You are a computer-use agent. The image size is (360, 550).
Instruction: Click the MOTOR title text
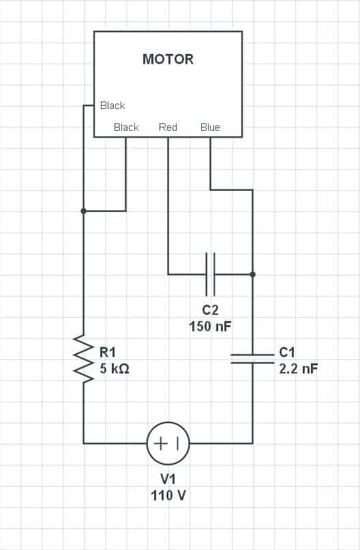168,59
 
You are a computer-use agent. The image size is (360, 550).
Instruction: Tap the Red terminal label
168,127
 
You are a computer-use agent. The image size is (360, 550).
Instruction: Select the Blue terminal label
210,127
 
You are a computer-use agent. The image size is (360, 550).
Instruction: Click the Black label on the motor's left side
112,105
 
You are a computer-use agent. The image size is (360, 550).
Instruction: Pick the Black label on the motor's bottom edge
126,127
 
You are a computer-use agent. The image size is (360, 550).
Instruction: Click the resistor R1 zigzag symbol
83,358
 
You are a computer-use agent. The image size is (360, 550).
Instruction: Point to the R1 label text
108,352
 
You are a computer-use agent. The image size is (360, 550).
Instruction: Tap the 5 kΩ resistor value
115,369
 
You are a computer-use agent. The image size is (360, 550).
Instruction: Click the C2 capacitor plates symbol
210,274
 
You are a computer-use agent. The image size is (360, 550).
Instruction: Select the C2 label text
210,309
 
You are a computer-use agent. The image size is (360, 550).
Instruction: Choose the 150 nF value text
210,326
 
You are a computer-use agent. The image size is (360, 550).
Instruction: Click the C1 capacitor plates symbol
253,358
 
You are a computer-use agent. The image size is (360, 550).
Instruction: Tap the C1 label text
287,352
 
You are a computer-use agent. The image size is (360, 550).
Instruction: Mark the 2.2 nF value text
298,369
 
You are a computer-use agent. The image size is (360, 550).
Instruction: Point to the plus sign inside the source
161,444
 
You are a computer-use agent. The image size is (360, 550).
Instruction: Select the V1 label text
168,479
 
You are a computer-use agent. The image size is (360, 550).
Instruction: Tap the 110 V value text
168,495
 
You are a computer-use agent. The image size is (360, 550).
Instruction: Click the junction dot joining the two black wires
83,211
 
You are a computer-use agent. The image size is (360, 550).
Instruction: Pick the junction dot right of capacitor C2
253,274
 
